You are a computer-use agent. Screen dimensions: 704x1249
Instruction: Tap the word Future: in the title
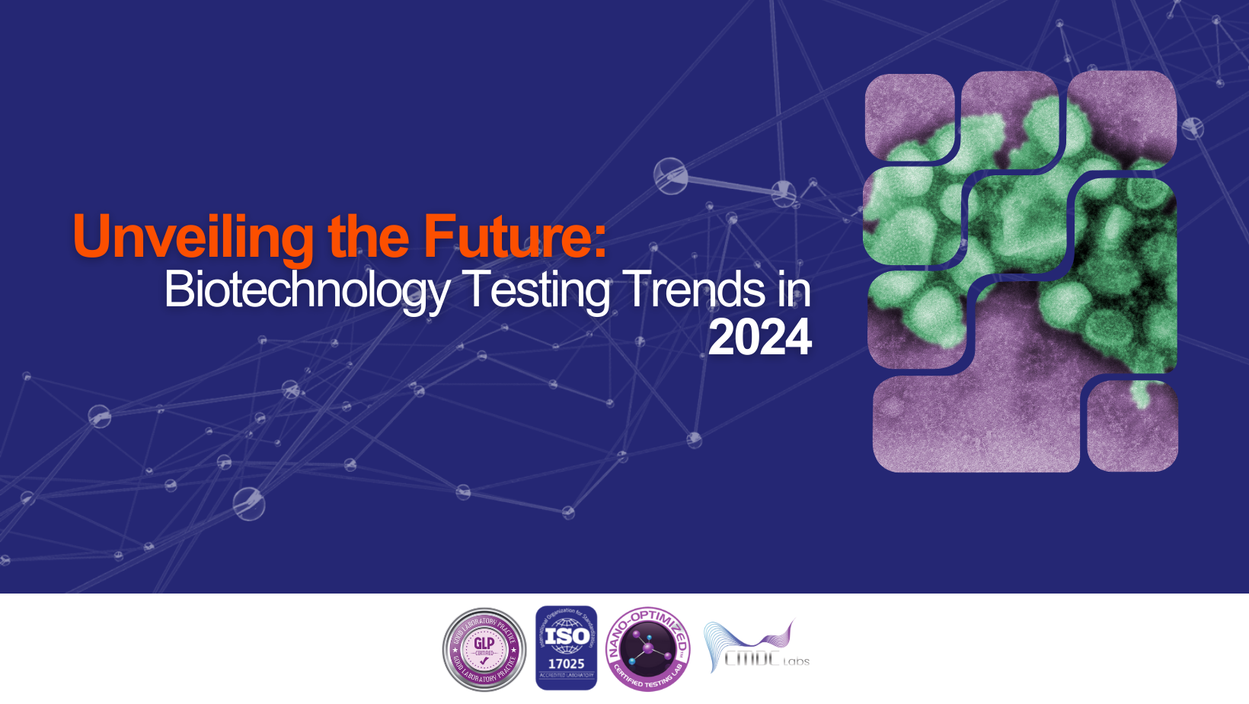pyautogui.click(x=515, y=236)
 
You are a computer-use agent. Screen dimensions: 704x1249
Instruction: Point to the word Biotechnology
pyautogui.click(x=307, y=290)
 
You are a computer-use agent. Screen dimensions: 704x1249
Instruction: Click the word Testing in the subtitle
pyautogui.click(x=538, y=290)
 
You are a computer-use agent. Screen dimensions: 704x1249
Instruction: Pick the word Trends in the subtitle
pyautogui.click(x=695, y=290)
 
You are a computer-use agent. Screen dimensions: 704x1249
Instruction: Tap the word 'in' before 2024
pyautogui.click(x=794, y=290)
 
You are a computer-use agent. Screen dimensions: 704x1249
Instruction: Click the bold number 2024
pyautogui.click(x=759, y=338)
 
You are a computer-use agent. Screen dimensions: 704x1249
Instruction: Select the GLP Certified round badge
pyautogui.click(x=484, y=649)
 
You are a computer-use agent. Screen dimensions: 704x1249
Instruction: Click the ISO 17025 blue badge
pyautogui.click(x=567, y=648)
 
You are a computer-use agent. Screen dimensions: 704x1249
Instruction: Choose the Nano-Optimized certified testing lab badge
pyautogui.click(x=648, y=649)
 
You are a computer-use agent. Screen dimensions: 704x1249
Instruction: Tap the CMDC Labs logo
pyautogui.click(x=756, y=648)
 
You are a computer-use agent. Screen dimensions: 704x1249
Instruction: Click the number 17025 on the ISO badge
pyautogui.click(x=567, y=664)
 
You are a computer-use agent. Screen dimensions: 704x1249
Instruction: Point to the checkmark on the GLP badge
pyautogui.click(x=484, y=661)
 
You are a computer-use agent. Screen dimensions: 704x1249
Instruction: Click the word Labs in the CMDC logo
pyautogui.click(x=796, y=661)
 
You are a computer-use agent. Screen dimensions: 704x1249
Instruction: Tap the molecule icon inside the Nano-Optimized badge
pyautogui.click(x=647, y=648)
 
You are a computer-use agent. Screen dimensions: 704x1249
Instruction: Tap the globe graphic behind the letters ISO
pyautogui.click(x=567, y=636)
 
